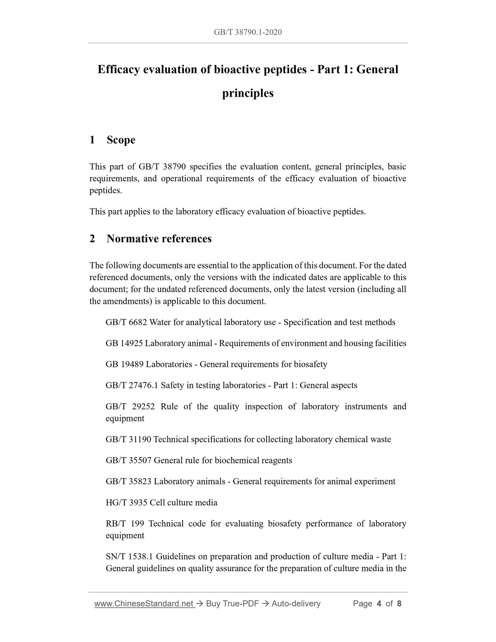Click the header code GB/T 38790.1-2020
248,32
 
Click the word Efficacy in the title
118,69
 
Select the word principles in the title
248,93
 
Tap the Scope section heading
121,140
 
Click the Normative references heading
159,239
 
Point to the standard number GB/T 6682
126,322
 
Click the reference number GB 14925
124,343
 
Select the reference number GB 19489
125,364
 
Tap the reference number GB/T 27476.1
132,386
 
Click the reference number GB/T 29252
130,406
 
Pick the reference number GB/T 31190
128,439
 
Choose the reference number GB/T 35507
128,460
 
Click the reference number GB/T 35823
128,482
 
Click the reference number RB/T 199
125,524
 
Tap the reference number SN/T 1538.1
129,557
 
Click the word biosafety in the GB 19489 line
310,364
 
